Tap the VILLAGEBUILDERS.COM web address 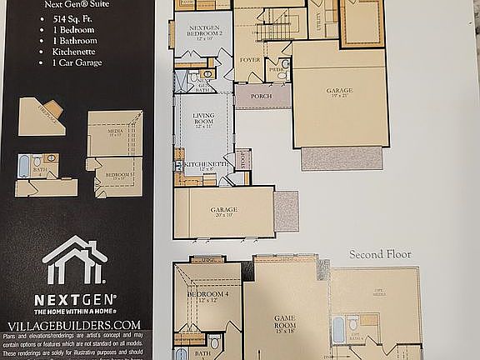(x=75, y=323)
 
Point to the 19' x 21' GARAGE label (x=339, y=91)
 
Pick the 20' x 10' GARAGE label (x=223, y=211)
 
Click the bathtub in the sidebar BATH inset (x=26, y=161)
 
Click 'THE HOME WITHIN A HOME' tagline (x=75, y=309)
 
